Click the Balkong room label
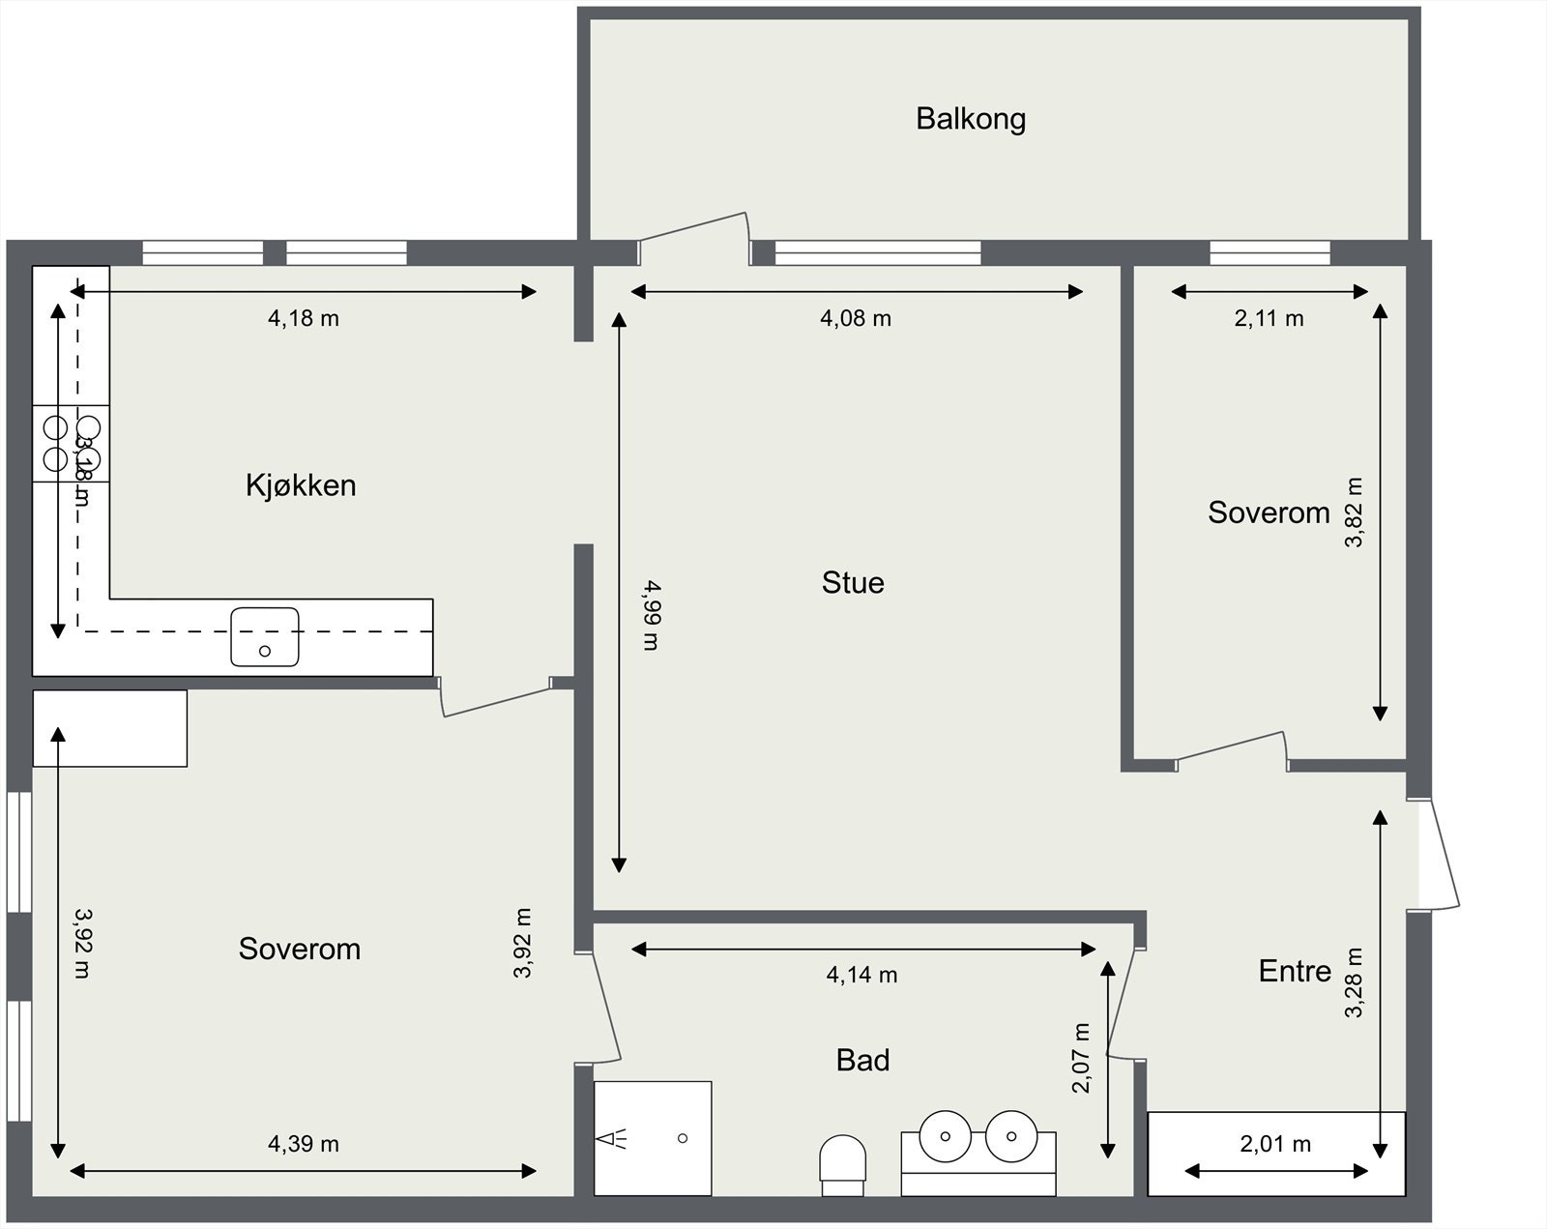coord(971,119)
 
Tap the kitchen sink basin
coord(265,636)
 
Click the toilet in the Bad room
coord(842,1157)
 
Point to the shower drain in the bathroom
coord(683,1138)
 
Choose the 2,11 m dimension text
coord(1269,318)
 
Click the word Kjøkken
coord(301,484)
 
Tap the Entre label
coord(1295,971)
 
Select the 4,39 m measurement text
coord(304,1144)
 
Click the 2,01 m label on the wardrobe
coord(1275,1144)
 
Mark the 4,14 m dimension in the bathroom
coord(861,976)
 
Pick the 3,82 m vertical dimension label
coord(1354,512)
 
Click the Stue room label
coord(853,582)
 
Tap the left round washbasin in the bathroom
coord(945,1135)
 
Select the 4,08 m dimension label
coord(856,318)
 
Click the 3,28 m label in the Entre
coord(1354,981)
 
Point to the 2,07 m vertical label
coord(1081,1058)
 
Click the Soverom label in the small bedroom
coord(1269,512)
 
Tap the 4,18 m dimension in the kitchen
coord(304,318)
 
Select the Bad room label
coord(862,1061)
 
